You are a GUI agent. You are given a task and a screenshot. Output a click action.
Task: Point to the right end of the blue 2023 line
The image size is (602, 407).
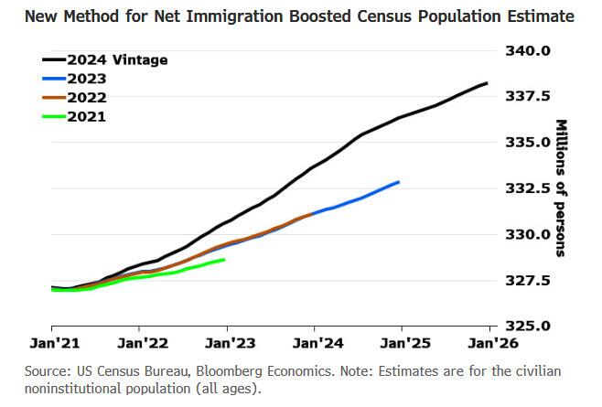pos(399,182)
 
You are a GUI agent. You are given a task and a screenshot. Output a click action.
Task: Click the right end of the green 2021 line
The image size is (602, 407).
pos(224,260)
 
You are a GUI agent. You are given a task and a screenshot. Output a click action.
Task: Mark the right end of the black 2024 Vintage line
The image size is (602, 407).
pos(487,83)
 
